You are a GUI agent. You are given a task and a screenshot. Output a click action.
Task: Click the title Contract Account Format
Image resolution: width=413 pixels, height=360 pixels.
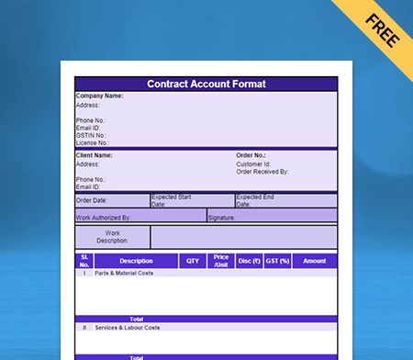click(206, 84)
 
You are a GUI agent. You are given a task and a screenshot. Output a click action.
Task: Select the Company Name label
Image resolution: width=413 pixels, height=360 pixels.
click(99, 96)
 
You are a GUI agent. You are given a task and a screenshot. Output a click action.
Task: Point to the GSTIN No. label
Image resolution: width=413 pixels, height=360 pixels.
click(92, 135)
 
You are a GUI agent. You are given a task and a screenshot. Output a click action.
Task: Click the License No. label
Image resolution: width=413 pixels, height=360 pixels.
click(93, 143)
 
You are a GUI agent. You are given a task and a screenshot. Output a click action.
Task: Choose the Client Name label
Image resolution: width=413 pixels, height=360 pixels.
click(94, 155)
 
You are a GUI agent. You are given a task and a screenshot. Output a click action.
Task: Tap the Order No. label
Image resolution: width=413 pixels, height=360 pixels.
click(251, 155)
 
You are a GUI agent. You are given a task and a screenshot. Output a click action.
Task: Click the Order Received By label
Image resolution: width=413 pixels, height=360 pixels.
click(262, 172)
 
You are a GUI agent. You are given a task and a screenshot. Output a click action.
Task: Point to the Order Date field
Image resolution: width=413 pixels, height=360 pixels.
click(92, 200)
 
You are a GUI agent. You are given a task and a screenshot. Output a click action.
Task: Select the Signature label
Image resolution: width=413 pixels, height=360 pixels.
click(222, 218)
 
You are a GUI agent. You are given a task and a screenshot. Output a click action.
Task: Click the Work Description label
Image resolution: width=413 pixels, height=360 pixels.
click(112, 237)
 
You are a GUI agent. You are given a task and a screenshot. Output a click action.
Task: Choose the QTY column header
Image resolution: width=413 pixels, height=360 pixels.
click(193, 261)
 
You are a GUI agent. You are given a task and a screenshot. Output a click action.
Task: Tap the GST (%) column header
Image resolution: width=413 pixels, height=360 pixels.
click(277, 261)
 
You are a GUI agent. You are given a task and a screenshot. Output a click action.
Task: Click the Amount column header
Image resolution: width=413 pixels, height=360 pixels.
click(314, 261)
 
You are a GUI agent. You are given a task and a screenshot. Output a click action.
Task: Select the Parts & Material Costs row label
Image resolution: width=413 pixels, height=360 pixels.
click(123, 273)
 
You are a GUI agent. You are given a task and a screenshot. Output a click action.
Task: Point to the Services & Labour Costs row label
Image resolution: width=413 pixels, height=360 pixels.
click(127, 327)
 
